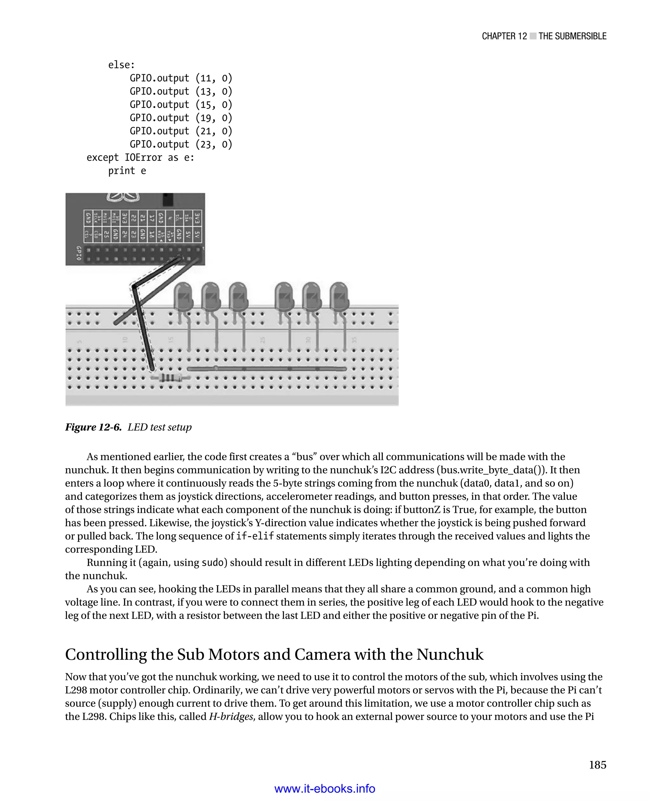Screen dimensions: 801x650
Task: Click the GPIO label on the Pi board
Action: coord(79,253)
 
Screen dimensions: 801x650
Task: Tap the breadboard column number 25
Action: coord(262,340)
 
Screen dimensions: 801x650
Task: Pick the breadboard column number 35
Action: coord(354,340)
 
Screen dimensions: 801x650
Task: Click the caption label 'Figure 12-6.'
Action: coord(93,427)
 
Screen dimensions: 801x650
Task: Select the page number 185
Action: coord(598,765)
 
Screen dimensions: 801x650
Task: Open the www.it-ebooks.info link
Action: coord(325,789)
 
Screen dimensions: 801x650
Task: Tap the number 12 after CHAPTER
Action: coord(522,36)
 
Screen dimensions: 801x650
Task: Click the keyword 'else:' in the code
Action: coord(121,65)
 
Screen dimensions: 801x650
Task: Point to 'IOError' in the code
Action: coord(143,158)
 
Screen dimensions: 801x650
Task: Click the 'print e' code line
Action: coord(127,171)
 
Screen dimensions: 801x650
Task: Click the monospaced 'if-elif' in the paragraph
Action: coord(255,536)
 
